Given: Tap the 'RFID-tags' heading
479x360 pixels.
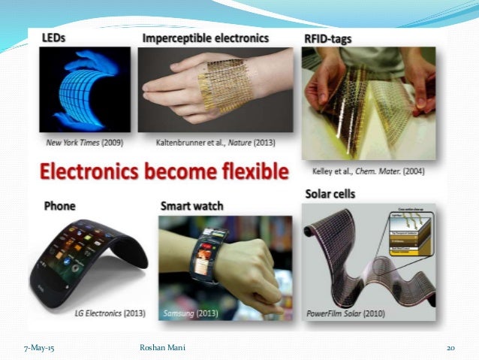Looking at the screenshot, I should [x=327, y=38].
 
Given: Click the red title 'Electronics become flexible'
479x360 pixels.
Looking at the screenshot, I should [x=164, y=173].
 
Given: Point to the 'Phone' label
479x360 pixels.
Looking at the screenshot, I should [x=59, y=205].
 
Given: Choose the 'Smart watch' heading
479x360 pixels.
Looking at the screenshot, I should [x=193, y=205].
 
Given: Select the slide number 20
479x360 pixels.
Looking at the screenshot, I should [x=450, y=346].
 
